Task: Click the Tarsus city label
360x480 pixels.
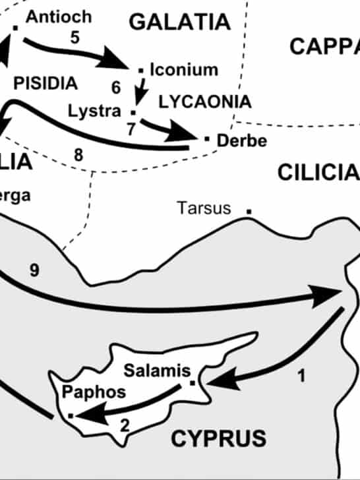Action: click(x=204, y=209)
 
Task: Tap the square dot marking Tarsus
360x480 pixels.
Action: click(x=249, y=211)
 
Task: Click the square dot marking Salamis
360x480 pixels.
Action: click(x=192, y=382)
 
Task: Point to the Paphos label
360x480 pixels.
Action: click(x=93, y=392)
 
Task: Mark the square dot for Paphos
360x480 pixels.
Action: click(x=71, y=415)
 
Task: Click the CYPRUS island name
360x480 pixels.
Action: click(x=218, y=438)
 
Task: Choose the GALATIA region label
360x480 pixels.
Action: click(x=180, y=22)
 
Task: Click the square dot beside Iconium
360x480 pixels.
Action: click(x=140, y=69)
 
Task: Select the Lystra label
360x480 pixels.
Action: click(x=94, y=110)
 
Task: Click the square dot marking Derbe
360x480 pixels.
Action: click(x=206, y=138)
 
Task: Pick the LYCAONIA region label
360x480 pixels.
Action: click(x=204, y=102)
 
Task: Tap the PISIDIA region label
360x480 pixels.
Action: click(x=45, y=84)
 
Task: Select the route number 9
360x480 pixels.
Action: click(x=34, y=270)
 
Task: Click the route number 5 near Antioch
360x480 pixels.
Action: click(x=75, y=37)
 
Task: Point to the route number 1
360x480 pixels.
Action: click(x=301, y=377)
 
